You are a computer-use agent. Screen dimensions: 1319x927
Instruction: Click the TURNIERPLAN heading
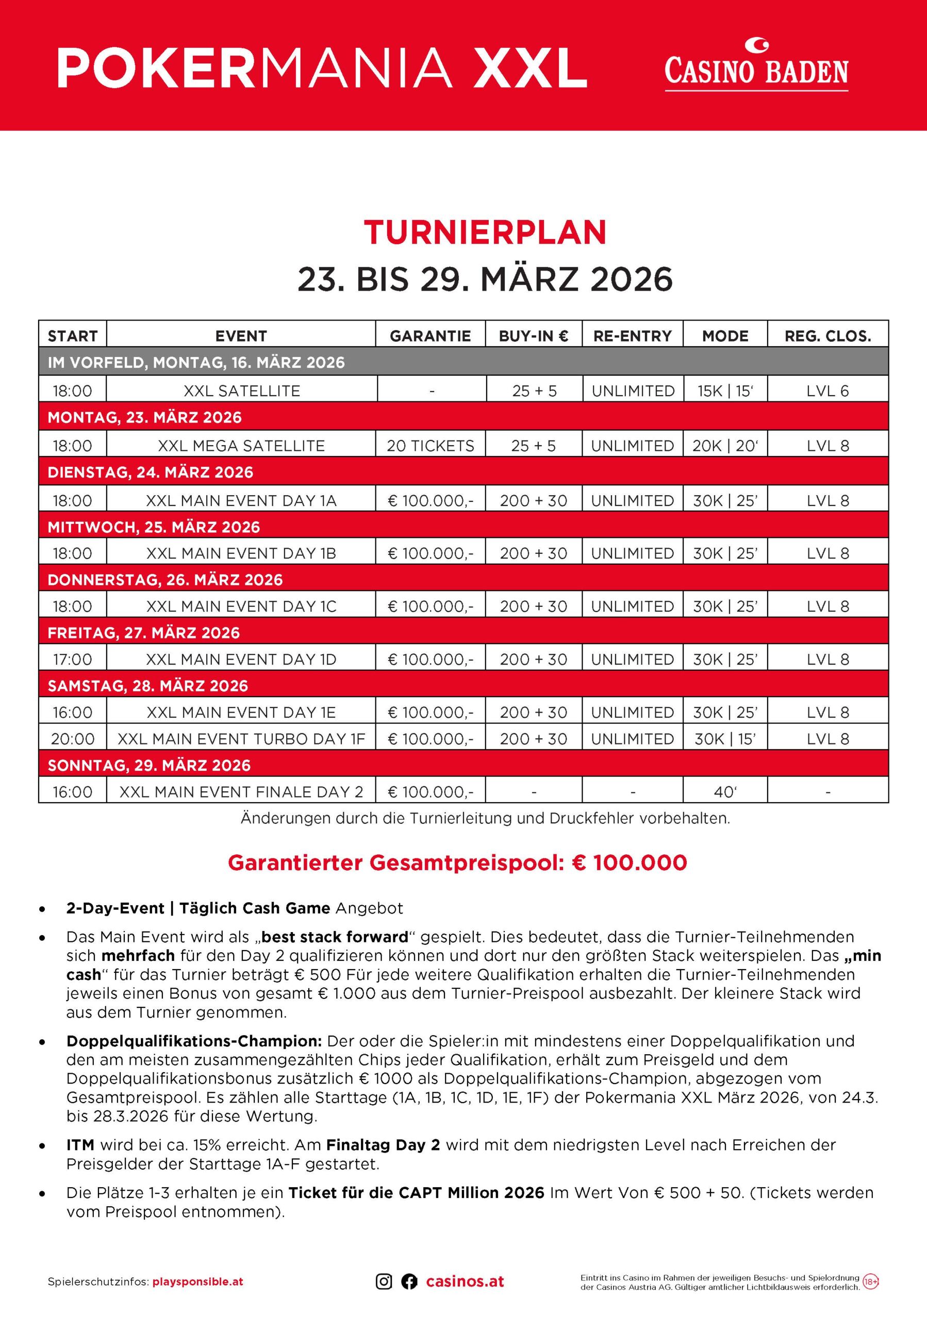click(x=485, y=232)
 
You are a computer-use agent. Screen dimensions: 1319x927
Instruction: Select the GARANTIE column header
click(x=430, y=336)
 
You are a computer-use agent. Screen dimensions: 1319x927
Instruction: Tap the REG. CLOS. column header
click(x=827, y=336)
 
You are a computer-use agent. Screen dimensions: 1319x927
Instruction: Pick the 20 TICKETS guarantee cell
click(x=431, y=446)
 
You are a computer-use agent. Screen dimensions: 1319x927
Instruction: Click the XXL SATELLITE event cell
click(x=241, y=391)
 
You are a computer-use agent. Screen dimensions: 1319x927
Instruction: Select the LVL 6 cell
click(x=827, y=391)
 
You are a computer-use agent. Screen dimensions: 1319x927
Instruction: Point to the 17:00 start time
click(x=72, y=659)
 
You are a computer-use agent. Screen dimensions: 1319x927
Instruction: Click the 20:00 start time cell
click(x=72, y=739)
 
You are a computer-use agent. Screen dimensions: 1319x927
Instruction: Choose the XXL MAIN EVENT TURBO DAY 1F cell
click(x=241, y=739)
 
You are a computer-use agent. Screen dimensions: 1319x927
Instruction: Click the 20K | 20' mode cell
click(x=725, y=446)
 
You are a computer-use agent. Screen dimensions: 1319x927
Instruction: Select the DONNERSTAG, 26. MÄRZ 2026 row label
click(x=165, y=580)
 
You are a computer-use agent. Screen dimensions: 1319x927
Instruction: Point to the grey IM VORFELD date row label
click(x=196, y=363)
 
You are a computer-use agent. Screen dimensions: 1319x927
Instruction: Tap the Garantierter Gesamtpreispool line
click(x=457, y=863)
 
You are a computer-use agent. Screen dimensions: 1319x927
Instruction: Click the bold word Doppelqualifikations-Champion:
click(x=194, y=1041)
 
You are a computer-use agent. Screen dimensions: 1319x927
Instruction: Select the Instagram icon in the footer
click(x=384, y=1282)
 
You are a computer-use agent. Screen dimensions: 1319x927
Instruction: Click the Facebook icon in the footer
click(x=409, y=1282)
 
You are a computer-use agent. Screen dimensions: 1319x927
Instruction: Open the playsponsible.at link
click(x=197, y=1282)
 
